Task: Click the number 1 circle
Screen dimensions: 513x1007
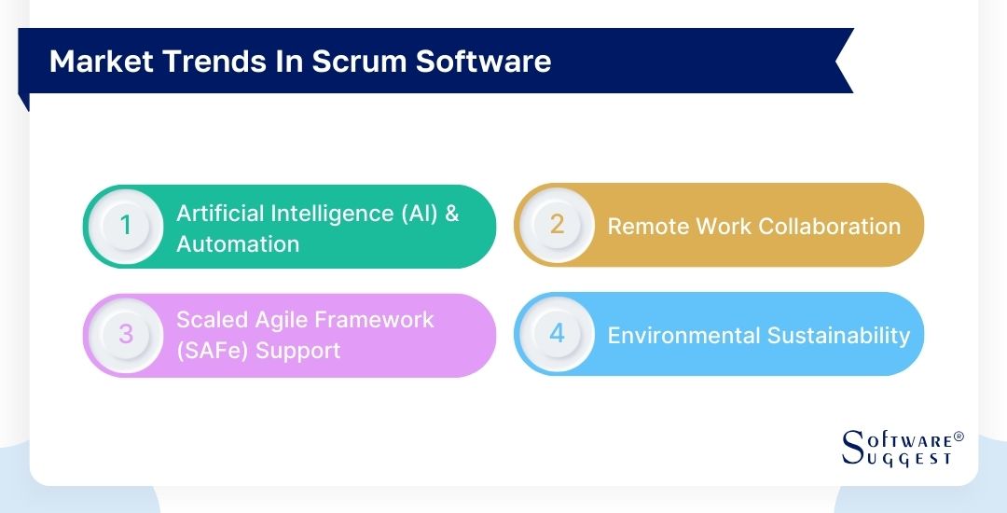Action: (x=127, y=227)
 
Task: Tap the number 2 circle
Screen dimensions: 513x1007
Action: (x=557, y=225)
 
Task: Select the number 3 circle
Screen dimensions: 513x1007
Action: (x=127, y=334)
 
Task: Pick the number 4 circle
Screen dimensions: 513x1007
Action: (x=557, y=334)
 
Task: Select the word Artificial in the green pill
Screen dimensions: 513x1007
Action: (x=219, y=213)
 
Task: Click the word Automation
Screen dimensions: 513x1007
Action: (x=238, y=244)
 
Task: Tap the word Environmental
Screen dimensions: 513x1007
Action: (x=683, y=336)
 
